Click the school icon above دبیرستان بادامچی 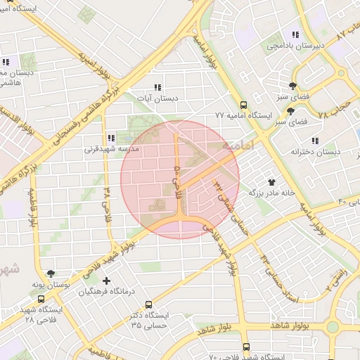[x=295, y=34]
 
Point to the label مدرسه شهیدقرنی [x=112, y=149]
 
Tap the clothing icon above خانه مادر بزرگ [x=271, y=181]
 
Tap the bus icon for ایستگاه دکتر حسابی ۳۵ [x=148, y=304]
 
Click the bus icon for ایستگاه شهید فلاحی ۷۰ [x=245, y=347]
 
